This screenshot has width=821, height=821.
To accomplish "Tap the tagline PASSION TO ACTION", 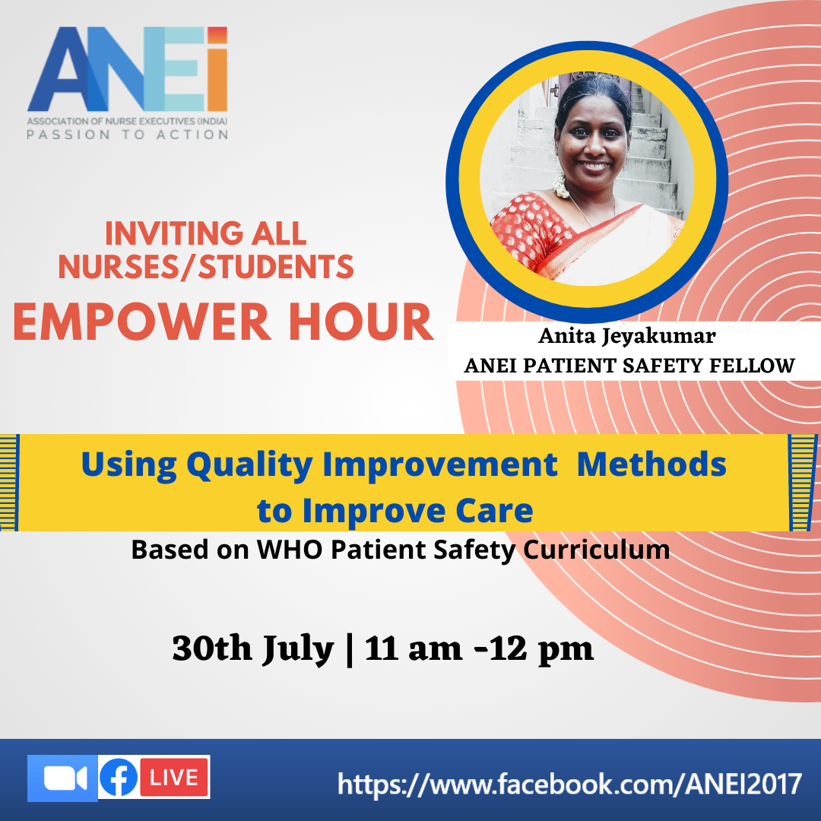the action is point(128,135).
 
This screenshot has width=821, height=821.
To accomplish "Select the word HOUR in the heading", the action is point(361,322).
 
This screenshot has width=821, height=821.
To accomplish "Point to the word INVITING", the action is point(174,233).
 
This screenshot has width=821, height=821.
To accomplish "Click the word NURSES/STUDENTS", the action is point(206,267).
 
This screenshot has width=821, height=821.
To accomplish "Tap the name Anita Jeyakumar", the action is point(626,337).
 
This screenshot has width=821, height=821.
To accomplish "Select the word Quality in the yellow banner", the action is point(250,465).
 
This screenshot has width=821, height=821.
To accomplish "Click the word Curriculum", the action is point(597,550).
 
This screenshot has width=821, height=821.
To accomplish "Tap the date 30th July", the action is point(253,649).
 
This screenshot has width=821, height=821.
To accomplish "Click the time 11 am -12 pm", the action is point(479,649).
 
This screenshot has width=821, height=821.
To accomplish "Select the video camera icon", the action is point(63,778).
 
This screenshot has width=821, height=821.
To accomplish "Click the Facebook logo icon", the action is point(119,778).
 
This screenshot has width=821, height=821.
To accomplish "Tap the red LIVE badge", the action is point(174,778).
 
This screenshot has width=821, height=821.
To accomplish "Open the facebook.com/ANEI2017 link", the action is point(569,785).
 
